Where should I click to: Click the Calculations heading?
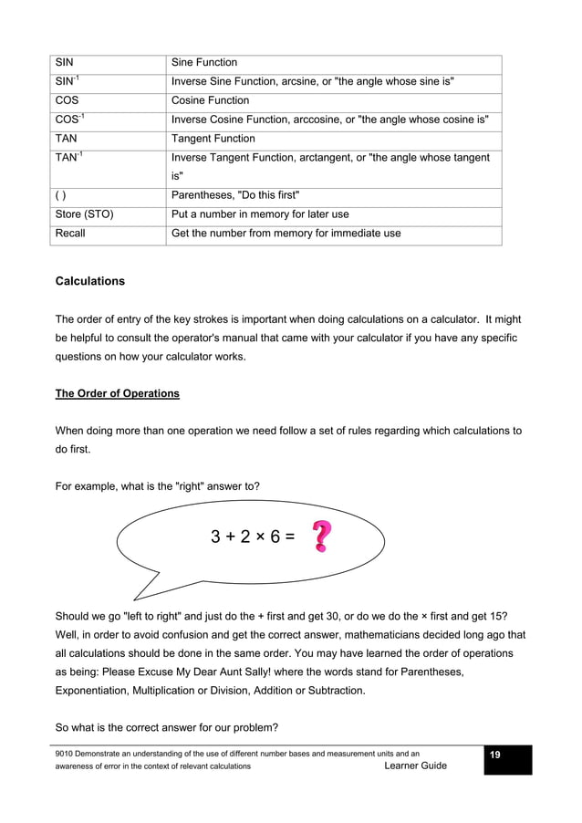point(90,281)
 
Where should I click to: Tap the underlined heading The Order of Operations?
point(118,394)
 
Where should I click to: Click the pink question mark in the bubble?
point(321,537)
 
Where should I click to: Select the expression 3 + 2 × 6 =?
point(253,537)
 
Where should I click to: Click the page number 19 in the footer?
point(495,755)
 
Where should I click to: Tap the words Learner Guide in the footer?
point(416,766)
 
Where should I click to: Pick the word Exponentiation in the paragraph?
point(96,691)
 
